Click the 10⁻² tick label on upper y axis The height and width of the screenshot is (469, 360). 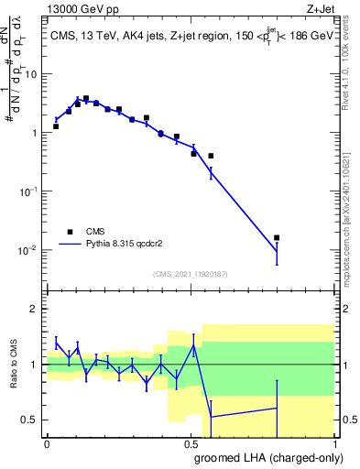29,250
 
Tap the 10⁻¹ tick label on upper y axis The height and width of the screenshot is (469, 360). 29,191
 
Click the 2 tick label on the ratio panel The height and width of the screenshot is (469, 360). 36,309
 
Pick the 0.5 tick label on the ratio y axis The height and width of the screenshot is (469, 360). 32,420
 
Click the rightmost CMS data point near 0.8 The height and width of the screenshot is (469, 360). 277,237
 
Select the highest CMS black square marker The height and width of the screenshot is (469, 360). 85,99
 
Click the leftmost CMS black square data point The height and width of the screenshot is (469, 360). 56,126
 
